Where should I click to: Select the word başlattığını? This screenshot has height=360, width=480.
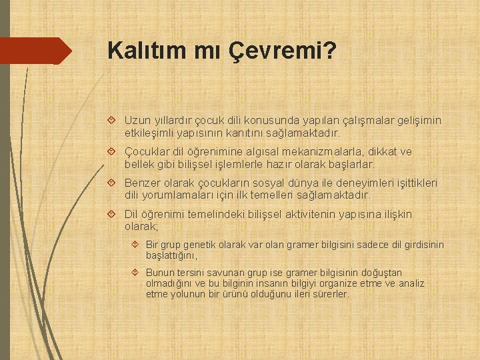171,255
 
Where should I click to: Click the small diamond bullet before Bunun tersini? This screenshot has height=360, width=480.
135,273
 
